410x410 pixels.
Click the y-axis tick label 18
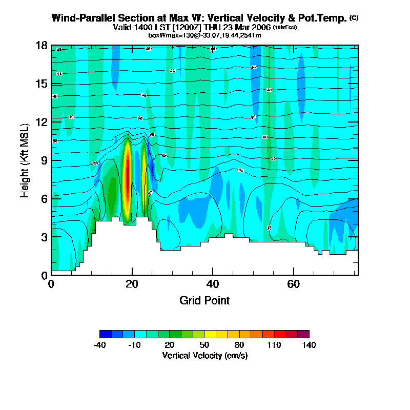42,46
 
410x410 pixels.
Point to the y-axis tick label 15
42,84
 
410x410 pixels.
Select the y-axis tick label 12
42,122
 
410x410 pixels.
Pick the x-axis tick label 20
132,284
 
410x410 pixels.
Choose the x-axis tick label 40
213,284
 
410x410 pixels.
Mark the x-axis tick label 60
293,284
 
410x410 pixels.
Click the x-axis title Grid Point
204,300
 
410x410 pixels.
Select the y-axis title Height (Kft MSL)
25,160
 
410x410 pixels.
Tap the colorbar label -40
99,345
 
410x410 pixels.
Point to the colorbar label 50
204,345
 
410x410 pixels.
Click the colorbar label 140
309,345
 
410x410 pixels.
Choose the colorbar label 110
274,345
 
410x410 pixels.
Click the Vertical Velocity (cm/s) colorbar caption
204,355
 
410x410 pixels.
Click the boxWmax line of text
204,35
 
